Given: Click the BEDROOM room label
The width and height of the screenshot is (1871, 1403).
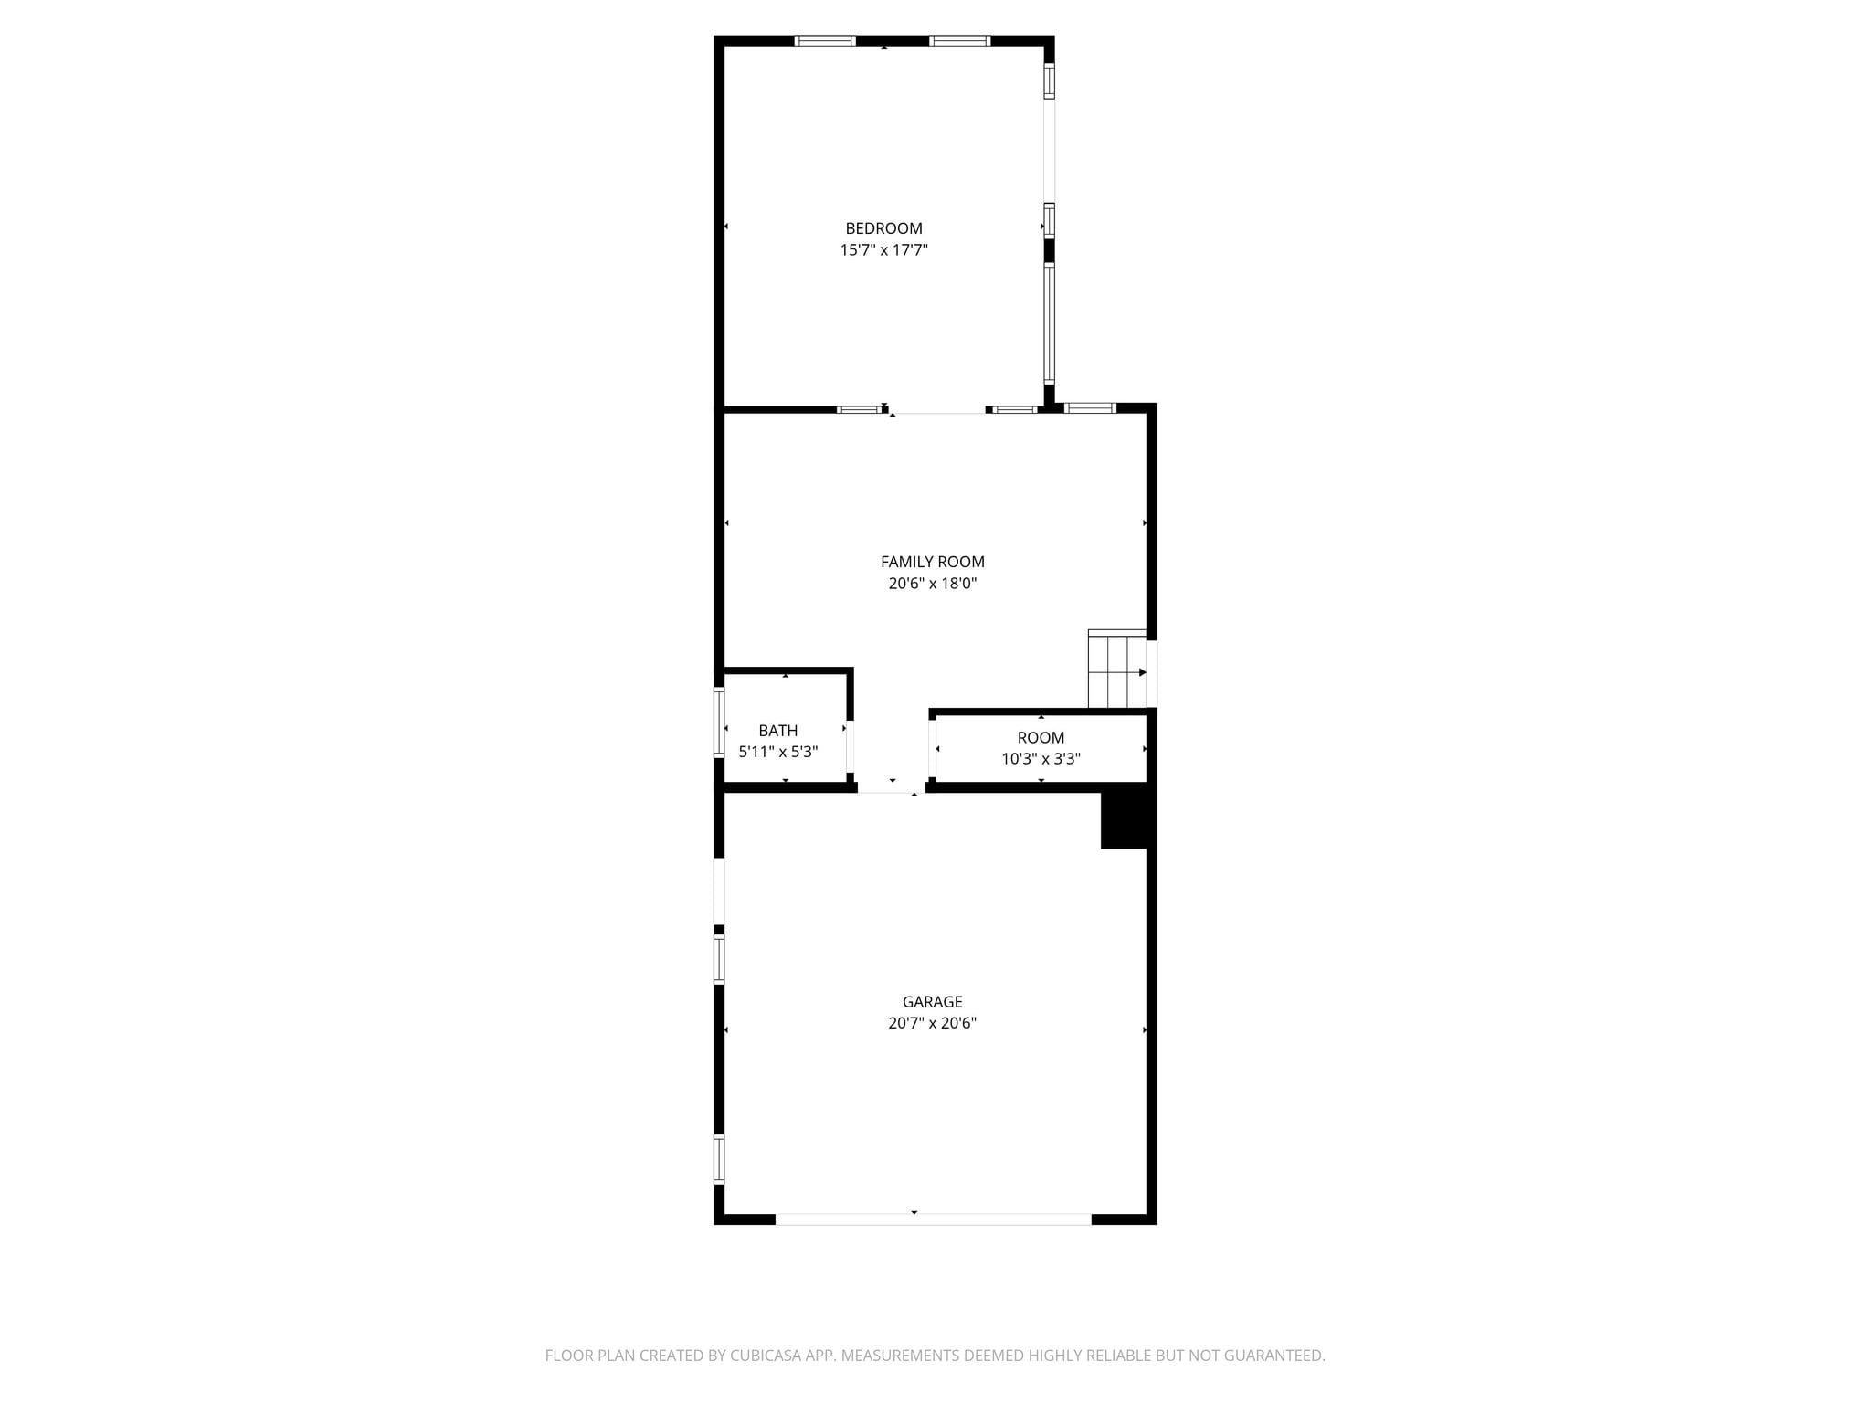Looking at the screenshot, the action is (883, 228).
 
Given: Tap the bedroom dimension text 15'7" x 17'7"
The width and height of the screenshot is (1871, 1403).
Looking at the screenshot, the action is (883, 249).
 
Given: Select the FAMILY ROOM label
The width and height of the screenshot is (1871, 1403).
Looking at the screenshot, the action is (933, 562).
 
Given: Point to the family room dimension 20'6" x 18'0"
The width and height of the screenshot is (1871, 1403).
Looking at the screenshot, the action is (933, 584).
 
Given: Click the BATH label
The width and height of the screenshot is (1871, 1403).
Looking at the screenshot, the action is (778, 731).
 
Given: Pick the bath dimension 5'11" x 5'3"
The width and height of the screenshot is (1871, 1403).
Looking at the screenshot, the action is (778, 752).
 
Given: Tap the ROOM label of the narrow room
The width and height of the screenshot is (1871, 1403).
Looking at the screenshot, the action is (1041, 737).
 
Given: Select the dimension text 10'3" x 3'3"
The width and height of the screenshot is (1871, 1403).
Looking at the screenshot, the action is (1041, 758).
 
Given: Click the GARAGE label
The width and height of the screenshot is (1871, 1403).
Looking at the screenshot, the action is (933, 1002).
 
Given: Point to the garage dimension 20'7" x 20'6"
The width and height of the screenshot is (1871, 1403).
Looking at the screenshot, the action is (933, 1023).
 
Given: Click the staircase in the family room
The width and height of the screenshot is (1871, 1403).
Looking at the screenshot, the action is (1116, 669).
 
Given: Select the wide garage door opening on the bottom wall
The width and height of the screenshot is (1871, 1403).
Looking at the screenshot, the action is (933, 1219).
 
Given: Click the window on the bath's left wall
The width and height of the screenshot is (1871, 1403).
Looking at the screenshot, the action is (719, 723).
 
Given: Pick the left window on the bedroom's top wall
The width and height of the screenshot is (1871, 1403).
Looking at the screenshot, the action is (825, 40).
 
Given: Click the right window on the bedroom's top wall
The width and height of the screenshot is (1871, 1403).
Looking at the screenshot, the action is (960, 40).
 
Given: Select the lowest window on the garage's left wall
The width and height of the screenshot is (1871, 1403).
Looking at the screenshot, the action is (719, 1159).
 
